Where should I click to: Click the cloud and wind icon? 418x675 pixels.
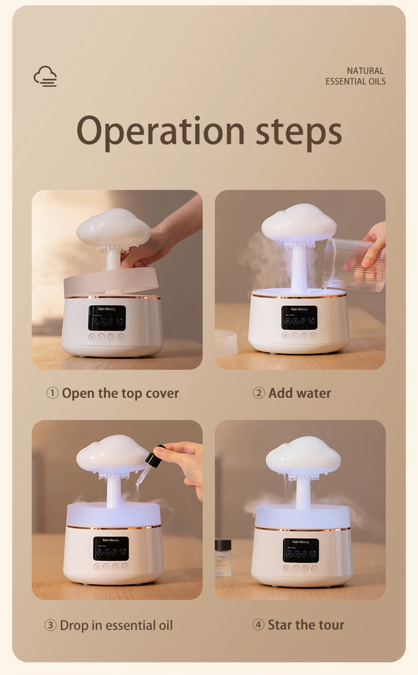pyautogui.click(x=45, y=76)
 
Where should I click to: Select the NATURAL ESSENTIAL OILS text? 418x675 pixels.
pyautogui.click(x=355, y=76)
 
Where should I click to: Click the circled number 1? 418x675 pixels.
pyautogui.click(x=52, y=394)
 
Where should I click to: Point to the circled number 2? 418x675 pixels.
pyautogui.click(x=258, y=394)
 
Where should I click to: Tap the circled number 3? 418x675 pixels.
pyautogui.click(x=50, y=625)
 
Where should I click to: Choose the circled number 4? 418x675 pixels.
pyautogui.click(x=258, y=625)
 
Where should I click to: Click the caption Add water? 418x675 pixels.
pyautogui.click(x=299, y=394)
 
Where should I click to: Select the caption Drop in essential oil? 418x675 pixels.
pyautogui.click(x=116, y=625)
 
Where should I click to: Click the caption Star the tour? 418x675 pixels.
pyautogui.click(x=306, y=625)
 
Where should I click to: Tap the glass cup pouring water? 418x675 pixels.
pyautogui.click(x=353, y=264)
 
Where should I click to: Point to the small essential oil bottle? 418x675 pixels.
pyautogui.click(x=223, y=557)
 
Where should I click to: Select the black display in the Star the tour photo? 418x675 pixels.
pyautogui.click(x=301, y=550)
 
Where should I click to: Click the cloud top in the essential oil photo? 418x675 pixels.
pyautogui.click(x=112, y=452)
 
